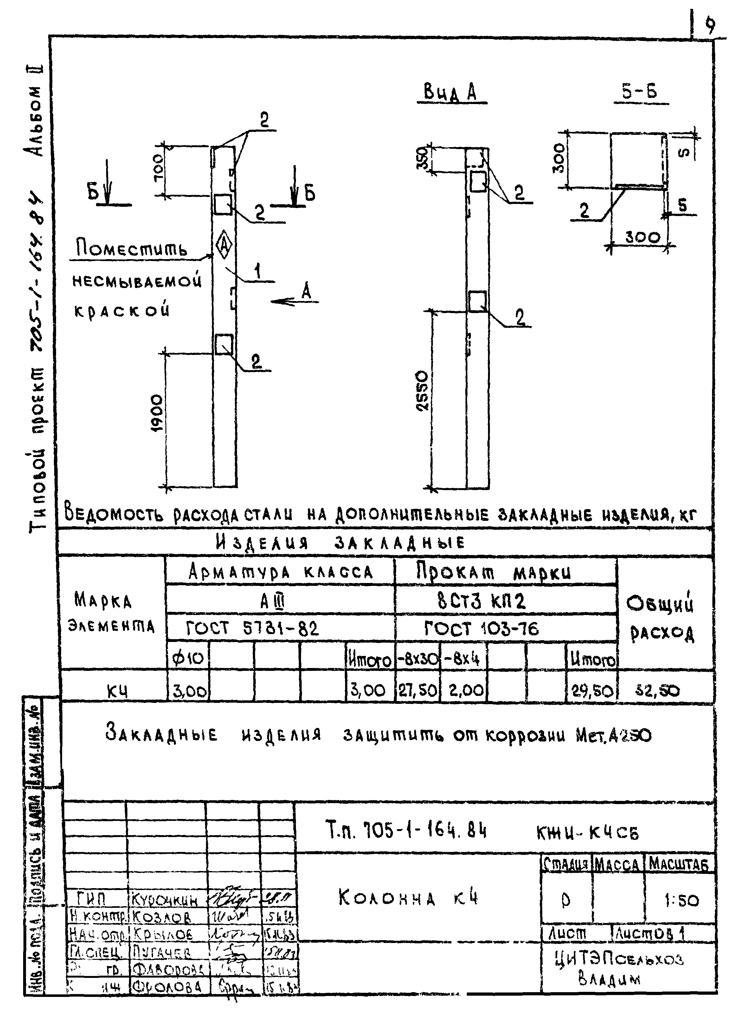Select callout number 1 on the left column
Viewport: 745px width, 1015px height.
257,272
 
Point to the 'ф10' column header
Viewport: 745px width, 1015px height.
188,659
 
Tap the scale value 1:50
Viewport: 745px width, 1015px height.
681,901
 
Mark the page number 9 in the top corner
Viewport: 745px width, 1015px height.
710,26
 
